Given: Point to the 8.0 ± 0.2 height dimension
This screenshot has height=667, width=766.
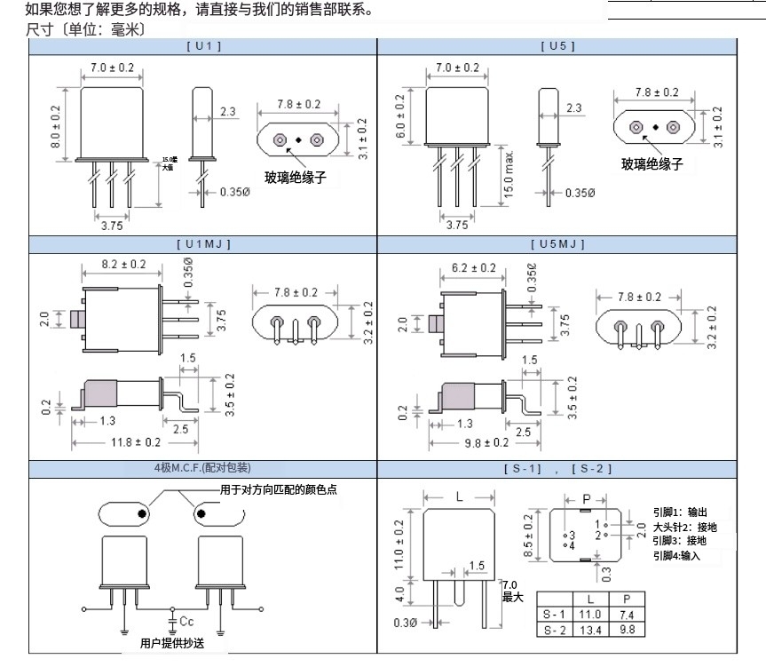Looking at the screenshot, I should coord(56,125).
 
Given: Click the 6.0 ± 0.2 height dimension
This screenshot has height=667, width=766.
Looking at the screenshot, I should coord(400,116).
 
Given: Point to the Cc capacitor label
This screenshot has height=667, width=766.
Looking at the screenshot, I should coord(186,619).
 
